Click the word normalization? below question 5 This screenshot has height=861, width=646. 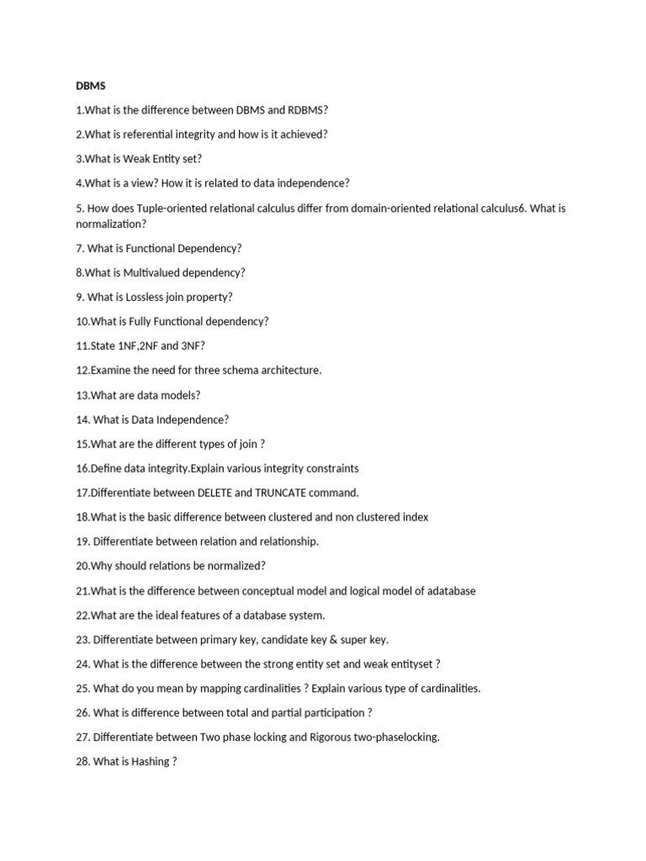pos(111,224)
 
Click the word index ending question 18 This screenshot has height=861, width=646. pos(416,517)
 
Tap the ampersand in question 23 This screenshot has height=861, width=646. pos(318,640)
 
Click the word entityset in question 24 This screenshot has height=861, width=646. pos(411,664)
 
